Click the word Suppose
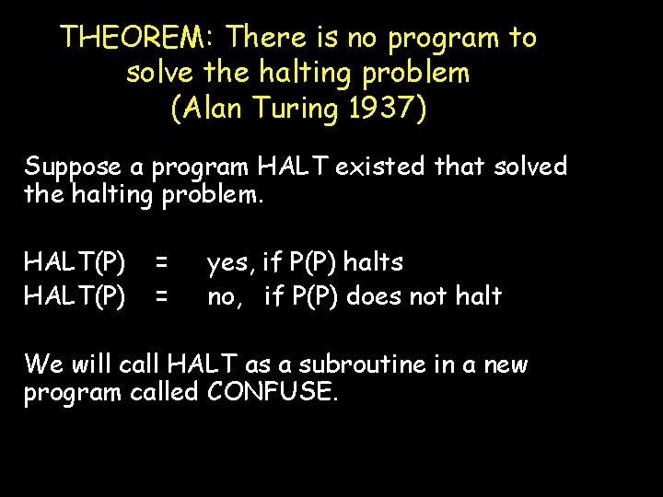click(73, 168)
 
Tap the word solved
click(531, 167)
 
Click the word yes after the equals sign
click(229, 263)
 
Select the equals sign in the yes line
click(161, 263)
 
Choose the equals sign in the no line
click(161, 296)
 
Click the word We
click(42, 364)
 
